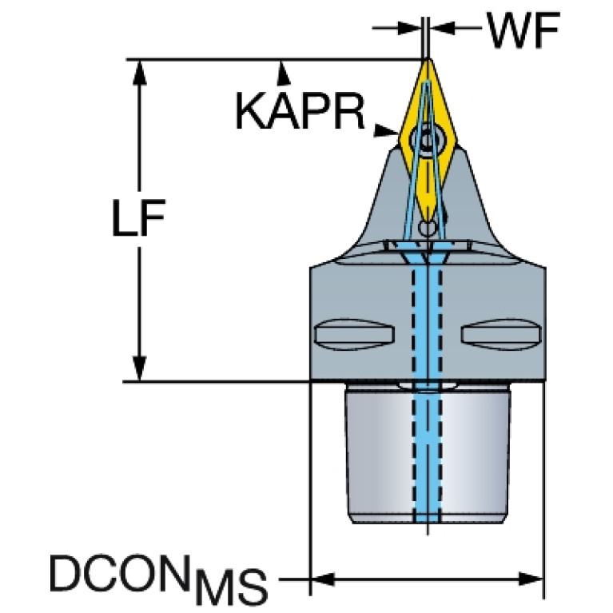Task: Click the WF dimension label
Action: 523,30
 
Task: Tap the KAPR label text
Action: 301,112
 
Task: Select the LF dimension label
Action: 139,217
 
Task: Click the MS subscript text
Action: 232,587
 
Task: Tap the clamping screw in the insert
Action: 428,139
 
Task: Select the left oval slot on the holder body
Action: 354,334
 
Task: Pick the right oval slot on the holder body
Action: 501,334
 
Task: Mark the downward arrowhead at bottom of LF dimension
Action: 139,368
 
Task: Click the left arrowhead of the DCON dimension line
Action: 323,579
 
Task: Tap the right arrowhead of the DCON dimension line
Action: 531,579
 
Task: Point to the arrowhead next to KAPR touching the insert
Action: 386,130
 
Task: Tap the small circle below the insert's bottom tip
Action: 428,227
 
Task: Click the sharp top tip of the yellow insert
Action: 428,59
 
